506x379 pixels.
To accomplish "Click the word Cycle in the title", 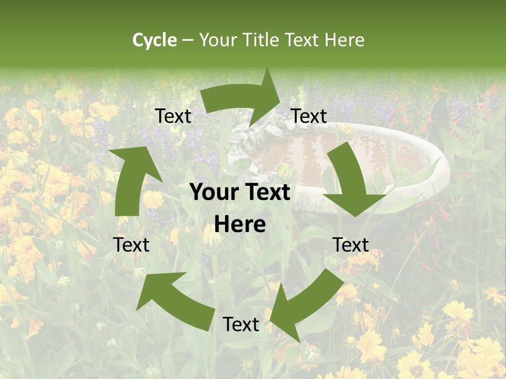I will pyautogui.click(x=154, y=40).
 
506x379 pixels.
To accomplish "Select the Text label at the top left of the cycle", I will pyautogui.click(x=173, y=116).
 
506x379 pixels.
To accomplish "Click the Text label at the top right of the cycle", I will pyautogui.click(x=309, y=116).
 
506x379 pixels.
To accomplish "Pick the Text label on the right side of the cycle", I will pyautogui.click(x=351, y=245).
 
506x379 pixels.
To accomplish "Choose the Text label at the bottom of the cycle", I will pyautogui.click(x=241, y=324).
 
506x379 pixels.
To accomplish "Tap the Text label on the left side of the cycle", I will pyautogui.click(x=131, y=245).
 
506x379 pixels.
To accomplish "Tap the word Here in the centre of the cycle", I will pyautogui.click(x=240, y=225).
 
